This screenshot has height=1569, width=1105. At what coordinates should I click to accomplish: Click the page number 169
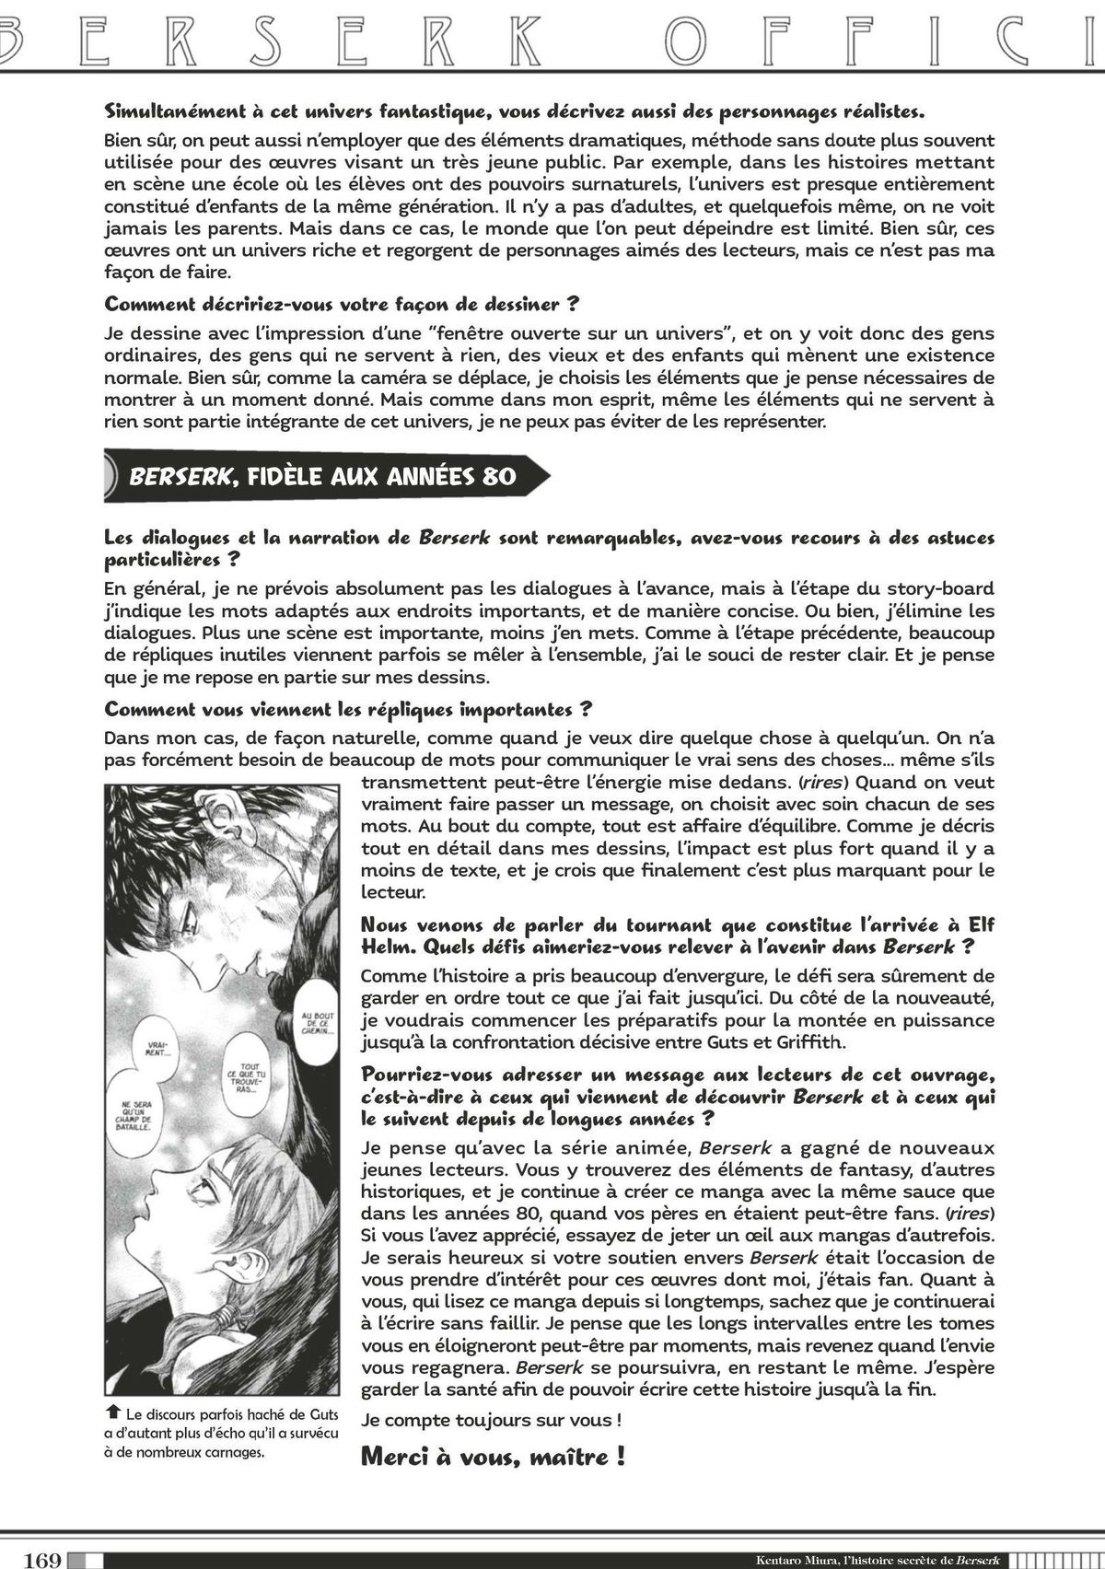coord(43,1560)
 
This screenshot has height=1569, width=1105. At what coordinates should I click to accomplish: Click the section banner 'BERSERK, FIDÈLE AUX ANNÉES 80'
coord(322,476)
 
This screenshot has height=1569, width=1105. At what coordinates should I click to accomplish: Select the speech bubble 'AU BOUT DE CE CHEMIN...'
coord(315,1023)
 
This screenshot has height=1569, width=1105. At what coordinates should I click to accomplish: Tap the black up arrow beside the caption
coord(113,1412)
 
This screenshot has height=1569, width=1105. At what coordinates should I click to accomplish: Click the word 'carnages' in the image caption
coord(229,1453)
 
